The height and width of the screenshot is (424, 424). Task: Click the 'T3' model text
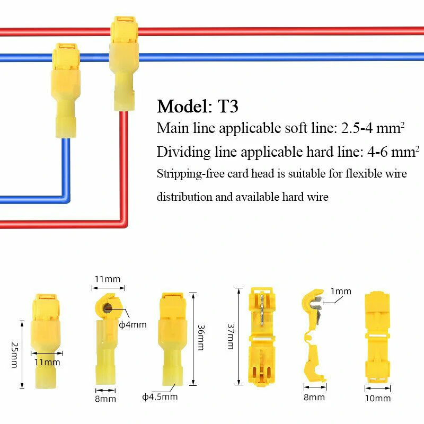[228, 106]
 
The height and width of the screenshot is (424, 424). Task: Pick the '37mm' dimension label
[231, 337]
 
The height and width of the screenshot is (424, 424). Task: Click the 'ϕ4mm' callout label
[136, 324]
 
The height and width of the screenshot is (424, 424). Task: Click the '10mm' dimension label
[378, 398]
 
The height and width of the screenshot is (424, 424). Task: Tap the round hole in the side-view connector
[107, 307]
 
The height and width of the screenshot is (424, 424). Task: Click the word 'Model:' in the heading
[183, 106]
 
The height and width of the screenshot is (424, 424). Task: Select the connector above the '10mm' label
[378, 337]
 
